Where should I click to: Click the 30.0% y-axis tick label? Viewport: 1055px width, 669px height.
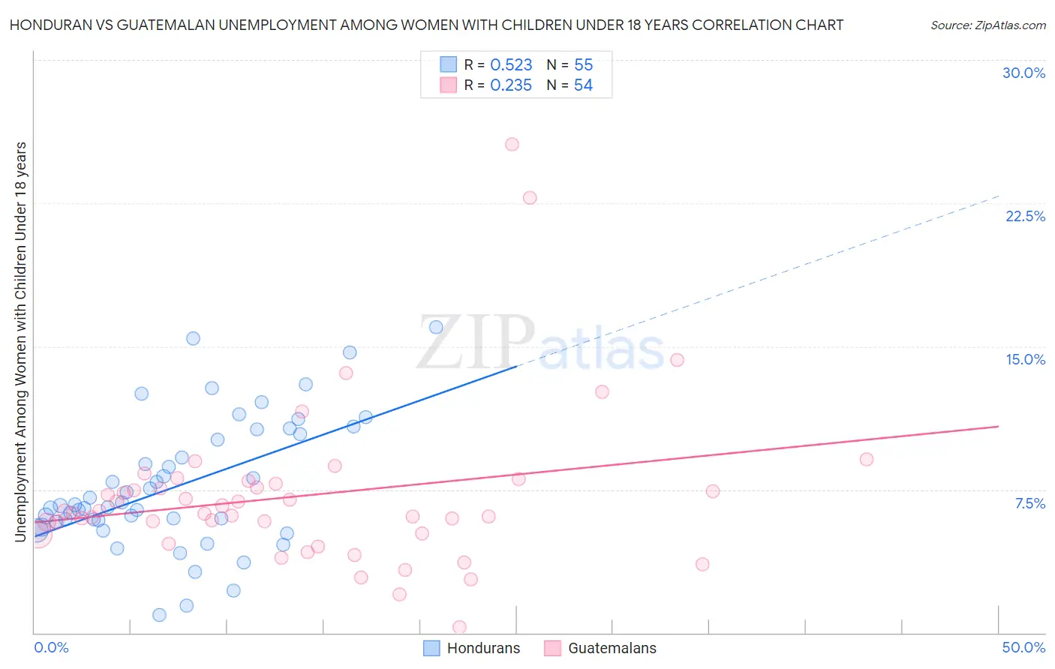(x=1023, y=73)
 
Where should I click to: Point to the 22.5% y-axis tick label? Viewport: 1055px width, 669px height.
(x=1025, y=216)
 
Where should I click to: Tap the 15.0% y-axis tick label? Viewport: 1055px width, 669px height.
(x=1025, y=359)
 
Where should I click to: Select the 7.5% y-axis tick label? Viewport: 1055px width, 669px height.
(x=1029, y=503)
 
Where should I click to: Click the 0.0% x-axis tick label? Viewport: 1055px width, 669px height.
(x=51, y=647)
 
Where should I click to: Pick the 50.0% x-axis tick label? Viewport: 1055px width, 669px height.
(x=1023, y=647)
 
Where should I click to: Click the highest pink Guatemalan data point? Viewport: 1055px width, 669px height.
(x=512, y=144)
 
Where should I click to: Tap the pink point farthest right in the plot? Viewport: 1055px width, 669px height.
(x=866, y=459)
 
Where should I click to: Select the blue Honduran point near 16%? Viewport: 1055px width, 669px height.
(x=436, y=327)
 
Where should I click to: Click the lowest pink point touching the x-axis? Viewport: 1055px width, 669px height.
(x=459, y=627)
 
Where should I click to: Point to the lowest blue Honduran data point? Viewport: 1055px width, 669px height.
(x=159, y=615)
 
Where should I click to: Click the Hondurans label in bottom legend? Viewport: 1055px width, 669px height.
(x=483, y=649)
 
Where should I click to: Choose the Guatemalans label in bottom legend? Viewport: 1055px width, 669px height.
(x=612, y=649)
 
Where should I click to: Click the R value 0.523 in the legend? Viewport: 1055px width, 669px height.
(x=511, y=65)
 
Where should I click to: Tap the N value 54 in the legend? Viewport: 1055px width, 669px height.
(x=583, y=85)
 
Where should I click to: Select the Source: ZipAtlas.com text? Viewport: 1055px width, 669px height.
(x=987, y=25)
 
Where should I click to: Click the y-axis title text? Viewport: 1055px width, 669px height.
(x=21, y=341)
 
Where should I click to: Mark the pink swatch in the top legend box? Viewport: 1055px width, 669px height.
(x=448, y=85)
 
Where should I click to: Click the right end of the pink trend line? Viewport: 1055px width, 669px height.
(x=998, y=426)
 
